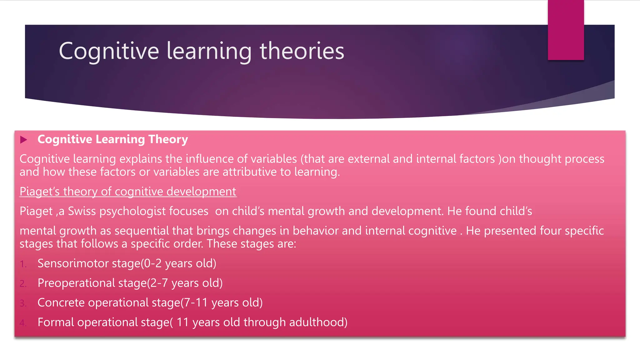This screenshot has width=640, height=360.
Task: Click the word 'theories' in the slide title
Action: tap(302, 51)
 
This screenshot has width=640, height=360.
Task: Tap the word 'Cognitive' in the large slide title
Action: tap(109, 51)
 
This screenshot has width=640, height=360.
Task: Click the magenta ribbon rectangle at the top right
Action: tap(566, 30)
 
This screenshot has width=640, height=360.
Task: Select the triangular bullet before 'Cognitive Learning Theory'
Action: tap(24, 140)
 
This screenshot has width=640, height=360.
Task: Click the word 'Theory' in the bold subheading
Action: tap(168, 139)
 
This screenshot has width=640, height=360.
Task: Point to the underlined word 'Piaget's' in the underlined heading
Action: tap(39, 191)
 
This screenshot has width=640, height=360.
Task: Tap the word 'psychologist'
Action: tap(132, 212)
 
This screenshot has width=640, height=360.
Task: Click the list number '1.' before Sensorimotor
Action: tap(23, 264)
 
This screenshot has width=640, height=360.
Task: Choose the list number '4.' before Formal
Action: tap(23, 323)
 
